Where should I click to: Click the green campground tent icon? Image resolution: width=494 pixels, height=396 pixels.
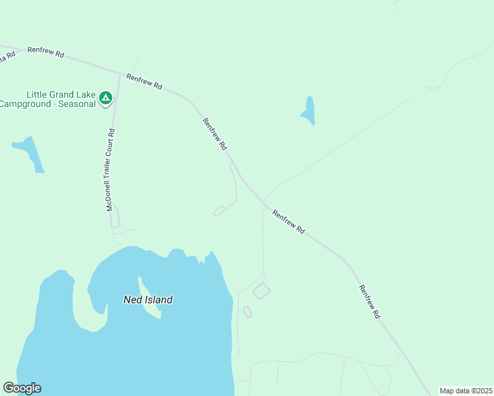(105, 99)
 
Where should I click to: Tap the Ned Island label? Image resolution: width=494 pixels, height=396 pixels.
(148, 300)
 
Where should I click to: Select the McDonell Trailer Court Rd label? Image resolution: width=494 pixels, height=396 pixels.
(110, 170)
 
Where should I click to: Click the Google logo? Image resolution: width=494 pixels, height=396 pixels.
(22, 388)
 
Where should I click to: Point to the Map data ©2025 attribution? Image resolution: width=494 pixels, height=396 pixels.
(466, 391)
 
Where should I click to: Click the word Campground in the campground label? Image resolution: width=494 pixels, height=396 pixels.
(27, 104)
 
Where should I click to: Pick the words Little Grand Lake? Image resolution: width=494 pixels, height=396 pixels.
(61, 94)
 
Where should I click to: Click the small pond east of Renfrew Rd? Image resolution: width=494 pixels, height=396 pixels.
(308, 110)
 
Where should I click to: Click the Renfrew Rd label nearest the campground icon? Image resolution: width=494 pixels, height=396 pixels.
(145, 81)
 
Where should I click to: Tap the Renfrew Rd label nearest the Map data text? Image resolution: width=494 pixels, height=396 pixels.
(369, 302)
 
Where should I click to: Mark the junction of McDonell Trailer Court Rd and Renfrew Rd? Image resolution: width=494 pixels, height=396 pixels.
(120, 74)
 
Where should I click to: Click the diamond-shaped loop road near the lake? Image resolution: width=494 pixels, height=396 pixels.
(262, 290)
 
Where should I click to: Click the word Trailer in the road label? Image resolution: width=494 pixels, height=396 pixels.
(110, 176)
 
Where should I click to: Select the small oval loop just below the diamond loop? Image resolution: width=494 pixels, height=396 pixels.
(248, 312)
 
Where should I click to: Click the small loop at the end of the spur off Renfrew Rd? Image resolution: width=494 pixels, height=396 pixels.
(219, 211)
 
